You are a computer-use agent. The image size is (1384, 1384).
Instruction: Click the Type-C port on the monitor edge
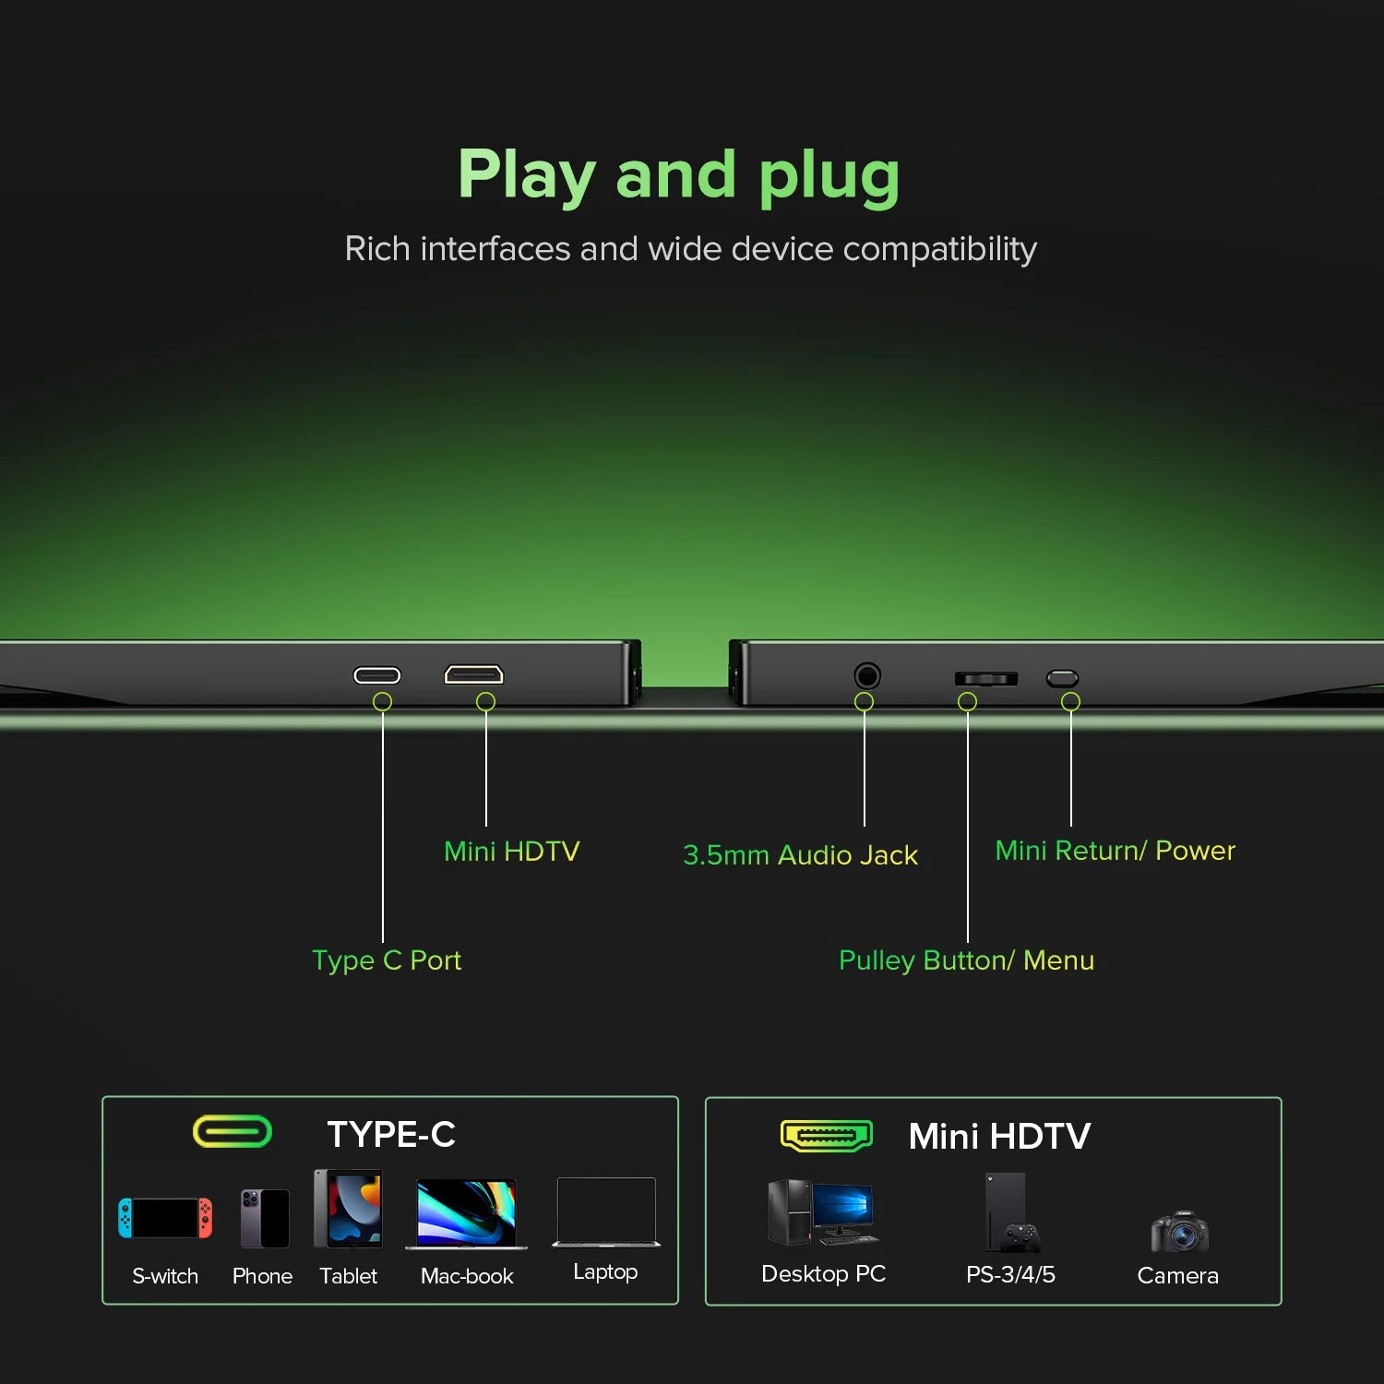pos(377,675)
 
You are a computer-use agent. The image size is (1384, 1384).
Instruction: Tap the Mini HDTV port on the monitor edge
pos(473,674)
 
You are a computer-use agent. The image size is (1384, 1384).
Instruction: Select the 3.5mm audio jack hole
pos(866,676)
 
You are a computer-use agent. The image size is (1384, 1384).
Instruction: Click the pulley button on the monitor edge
pos(985,679)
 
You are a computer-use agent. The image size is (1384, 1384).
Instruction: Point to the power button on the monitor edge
pos(1062,678)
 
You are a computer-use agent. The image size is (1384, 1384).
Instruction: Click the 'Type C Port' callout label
pos(387,960)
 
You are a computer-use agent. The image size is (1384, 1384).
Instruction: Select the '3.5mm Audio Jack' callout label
pos(800,855)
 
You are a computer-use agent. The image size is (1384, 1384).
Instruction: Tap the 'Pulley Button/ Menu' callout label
pos(966,960)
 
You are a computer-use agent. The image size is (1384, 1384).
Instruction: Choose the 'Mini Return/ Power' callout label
pos(1115,850)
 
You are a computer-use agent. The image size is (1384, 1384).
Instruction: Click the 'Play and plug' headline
pos(679,175)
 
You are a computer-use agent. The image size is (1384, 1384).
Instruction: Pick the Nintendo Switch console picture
pos(165,1218)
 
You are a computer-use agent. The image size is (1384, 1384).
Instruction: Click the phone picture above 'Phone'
pos(265,1218)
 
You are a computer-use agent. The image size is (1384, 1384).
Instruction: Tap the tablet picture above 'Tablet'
pos(348,1209)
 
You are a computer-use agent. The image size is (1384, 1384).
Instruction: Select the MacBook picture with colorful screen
pos(466,1214)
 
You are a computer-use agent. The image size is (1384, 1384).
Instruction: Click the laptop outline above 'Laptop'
pos(606,1212)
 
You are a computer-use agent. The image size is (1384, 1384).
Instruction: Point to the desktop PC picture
pos(823,1212)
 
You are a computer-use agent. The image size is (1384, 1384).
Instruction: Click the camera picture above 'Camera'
pos(1179,1231)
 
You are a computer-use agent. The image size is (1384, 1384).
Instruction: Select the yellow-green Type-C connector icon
pos(233,1131)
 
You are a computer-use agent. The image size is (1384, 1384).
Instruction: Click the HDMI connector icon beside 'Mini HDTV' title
pos(826,1136)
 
